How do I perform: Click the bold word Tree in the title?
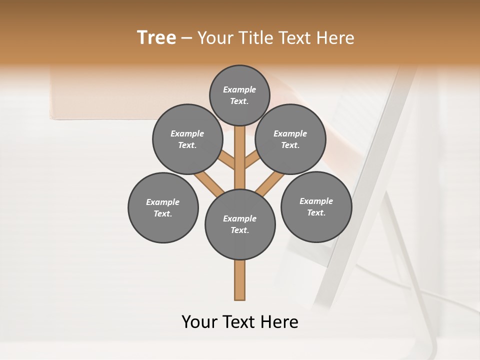(x=156, y=38)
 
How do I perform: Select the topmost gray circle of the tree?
(x=239, y=95)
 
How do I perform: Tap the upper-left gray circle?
(x=187, y=139)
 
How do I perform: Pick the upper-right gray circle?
(x=290, y=139)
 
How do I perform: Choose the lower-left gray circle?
(x=163, y=207)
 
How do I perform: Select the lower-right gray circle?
(x=316, y=206)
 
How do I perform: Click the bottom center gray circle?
(x=240, y=224)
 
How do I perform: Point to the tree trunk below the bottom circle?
(x=240, y=280)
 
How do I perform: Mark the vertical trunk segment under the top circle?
(x=240, y=150)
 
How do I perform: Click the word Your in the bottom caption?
(x=199, y=322)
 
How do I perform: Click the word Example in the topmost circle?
(x=239, y=89)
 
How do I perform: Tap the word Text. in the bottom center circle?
(x=239, y=230)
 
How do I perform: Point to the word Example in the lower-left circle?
(x=162, y=202)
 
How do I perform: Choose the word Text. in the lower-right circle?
(x=316, y=212)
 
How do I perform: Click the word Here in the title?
(x=336, y=38)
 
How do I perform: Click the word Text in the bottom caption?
(x=238, y=322)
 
